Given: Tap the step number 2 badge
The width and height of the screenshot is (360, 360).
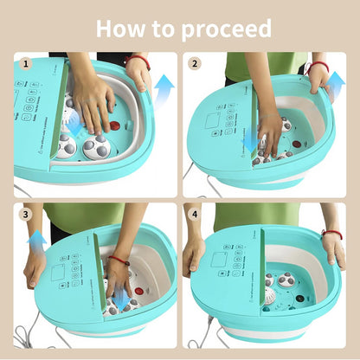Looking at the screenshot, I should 195,63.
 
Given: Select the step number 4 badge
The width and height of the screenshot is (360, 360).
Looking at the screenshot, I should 195,214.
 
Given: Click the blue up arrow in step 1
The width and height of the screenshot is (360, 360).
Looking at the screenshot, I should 164,87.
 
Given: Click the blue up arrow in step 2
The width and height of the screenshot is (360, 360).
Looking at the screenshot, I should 336,86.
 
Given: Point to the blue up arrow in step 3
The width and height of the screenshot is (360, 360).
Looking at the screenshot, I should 36,240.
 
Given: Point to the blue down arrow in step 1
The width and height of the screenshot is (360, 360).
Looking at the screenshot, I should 76,125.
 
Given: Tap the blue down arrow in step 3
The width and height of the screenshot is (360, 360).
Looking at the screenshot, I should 120,299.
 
